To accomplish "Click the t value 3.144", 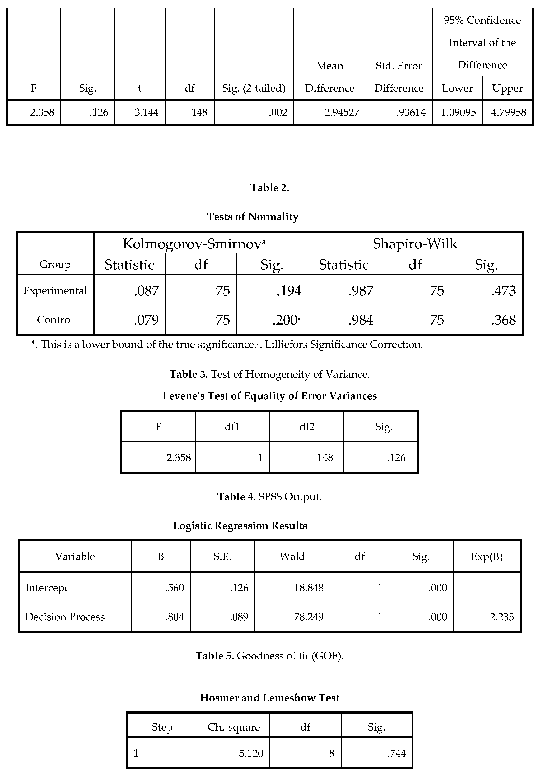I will coord(146,112).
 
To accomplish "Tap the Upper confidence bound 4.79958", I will coord(509,112).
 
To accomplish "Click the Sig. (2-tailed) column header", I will coord(254,88).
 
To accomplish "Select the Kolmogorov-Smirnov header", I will coord(194,244).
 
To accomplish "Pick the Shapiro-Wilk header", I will coord(415,244).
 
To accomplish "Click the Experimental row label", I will coord(55,290).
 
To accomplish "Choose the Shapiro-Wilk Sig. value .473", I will coord(503,291).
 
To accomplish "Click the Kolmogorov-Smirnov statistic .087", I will coord(146,291).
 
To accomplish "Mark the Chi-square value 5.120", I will coord(251,753).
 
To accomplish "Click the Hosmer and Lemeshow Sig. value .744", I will coord(396,753).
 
